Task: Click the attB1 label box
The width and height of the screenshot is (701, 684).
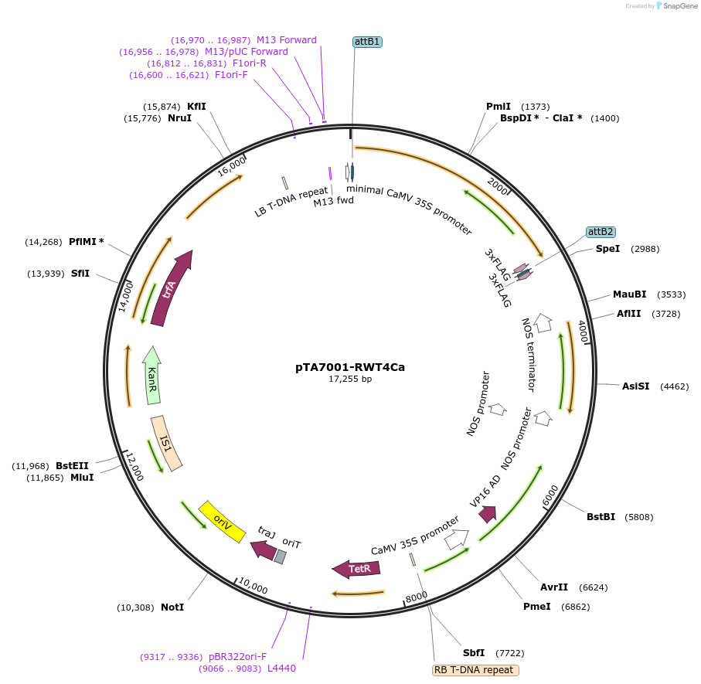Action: coord(367,42)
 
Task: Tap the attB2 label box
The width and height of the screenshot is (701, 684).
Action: coord(601,231)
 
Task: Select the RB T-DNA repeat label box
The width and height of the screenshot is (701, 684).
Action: coord(475,670)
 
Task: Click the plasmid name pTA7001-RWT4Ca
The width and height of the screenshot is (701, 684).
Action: coord(350,367)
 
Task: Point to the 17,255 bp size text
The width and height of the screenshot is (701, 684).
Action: coord(350,379)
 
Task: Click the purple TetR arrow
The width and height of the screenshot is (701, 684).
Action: coord(352,570)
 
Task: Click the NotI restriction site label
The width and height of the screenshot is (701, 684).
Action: coord(172,607)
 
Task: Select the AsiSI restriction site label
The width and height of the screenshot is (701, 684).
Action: coord(635,386)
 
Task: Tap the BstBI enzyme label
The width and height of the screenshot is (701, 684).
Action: coord(601,516)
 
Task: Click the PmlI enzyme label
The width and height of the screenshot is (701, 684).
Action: coord(498,106)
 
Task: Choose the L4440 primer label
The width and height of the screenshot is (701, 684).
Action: coord(281,668)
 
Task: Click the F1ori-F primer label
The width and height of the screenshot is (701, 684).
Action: coord(231,75)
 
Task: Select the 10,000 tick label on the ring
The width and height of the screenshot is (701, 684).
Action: coord(253,587)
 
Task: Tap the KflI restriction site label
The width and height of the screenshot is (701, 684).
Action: coord(196,106)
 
